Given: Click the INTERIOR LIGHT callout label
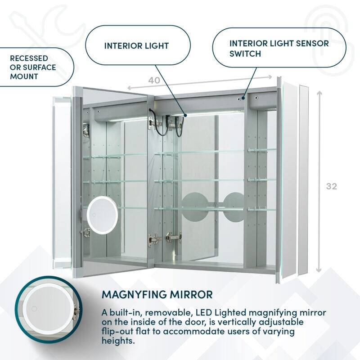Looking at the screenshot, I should tap(136, 46).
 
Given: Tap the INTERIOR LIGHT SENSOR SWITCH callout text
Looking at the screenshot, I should tap(279, 49).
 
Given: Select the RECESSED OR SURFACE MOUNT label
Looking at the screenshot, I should tap(33, 67).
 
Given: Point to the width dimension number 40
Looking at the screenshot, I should tap(154, 80).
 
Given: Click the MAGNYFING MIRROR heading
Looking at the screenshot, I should tap(157, 295).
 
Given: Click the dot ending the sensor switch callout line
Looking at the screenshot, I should tap(243, 96).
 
